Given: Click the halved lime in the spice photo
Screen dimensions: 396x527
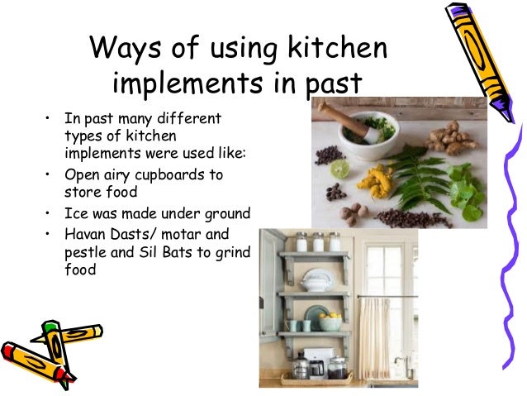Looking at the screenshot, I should (x=340, y=169).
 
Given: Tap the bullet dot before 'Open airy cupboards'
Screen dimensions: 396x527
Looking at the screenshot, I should (x=49, y=174).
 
